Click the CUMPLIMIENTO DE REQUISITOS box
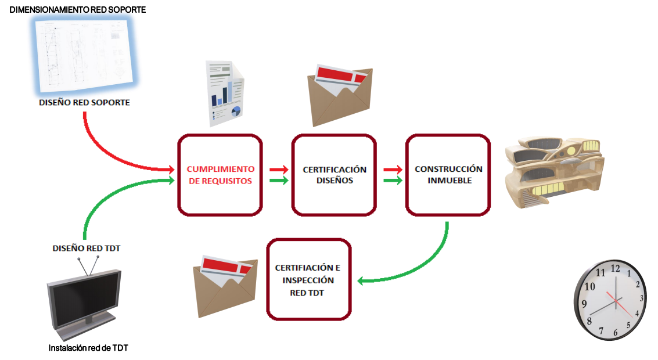coord(220,175)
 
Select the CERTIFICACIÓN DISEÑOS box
coord(335,175)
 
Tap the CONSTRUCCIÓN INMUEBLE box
coord(448,175)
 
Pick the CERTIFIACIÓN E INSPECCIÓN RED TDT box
coord(308,279)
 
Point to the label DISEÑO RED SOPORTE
coord(85,103)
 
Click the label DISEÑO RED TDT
coord(87,249)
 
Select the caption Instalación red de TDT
coord(88,348)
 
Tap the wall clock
coord(610,300)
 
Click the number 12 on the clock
coord(615,269)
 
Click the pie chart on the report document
coord(236,110)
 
